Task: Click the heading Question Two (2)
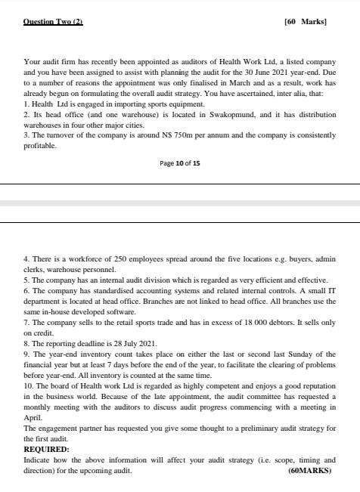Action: (x=53, y=21)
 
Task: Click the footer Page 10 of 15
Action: (x=180, y=162)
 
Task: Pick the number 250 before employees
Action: (x=110, y=258)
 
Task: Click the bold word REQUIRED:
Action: (x=46, y=448)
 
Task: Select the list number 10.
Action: (x=29, y=385)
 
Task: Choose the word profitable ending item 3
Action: (x=39, y=145)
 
